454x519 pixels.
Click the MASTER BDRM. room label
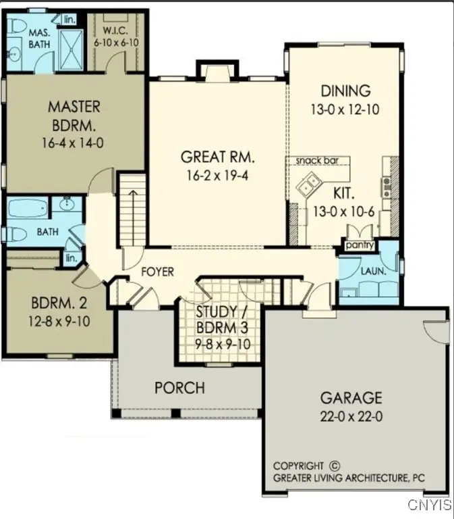pos(74,116)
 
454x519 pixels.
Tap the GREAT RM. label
pos(218,157)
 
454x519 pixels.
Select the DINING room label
pos(345,91)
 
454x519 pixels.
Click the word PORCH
pos(179,388)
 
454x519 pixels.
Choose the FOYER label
pos(157,272)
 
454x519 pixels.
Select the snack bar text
pos(316,161)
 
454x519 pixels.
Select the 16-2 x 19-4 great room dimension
pos(218,175)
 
